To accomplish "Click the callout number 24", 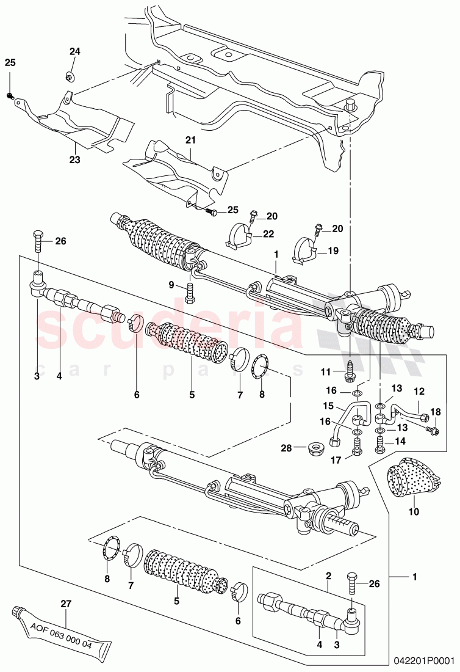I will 74,51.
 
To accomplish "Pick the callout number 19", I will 333,250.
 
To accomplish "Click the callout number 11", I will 326,371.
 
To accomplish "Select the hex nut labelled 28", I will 315,448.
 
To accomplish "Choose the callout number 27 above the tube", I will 66,604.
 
